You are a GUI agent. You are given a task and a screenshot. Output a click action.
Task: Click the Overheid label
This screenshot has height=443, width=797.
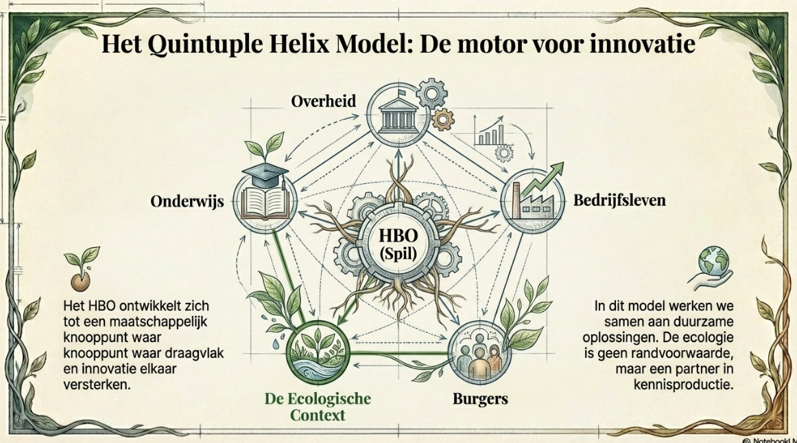[x=324, y=102]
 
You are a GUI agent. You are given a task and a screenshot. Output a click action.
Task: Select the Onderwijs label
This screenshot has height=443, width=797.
[x=187, y=202]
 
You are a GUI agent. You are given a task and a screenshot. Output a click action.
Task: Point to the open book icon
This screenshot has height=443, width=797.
[x=263, y=201]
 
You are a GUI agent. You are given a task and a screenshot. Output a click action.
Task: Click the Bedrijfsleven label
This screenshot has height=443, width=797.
[x=619, y=201]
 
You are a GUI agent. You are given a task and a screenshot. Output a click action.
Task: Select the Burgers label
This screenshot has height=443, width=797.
[x=480, y=398]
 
